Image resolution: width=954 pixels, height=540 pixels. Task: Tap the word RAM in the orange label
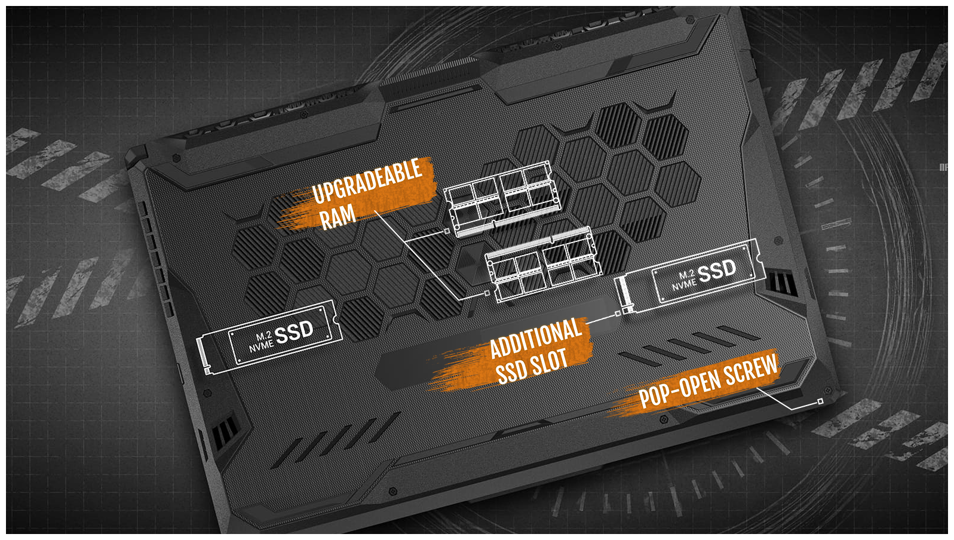[338, 216]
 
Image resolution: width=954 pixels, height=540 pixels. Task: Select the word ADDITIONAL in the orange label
[535, 339]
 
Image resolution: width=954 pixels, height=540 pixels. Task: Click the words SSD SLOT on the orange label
[531, 366]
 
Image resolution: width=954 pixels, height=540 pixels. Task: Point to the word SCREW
[751, 371]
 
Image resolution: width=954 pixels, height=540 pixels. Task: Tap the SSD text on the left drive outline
[294, 332]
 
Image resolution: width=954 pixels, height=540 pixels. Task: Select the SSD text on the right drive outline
[717, 271]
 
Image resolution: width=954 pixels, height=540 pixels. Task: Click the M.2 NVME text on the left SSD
[261, 341]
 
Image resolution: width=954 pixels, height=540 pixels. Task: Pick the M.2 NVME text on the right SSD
[684, 280]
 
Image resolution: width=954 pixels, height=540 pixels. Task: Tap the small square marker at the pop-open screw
[820, 401]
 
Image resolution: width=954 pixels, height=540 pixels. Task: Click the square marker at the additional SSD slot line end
[618, 313]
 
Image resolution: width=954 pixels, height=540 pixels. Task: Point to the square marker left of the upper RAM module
[447, 231]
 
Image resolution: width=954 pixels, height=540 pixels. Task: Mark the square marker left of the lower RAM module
[487, 293]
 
